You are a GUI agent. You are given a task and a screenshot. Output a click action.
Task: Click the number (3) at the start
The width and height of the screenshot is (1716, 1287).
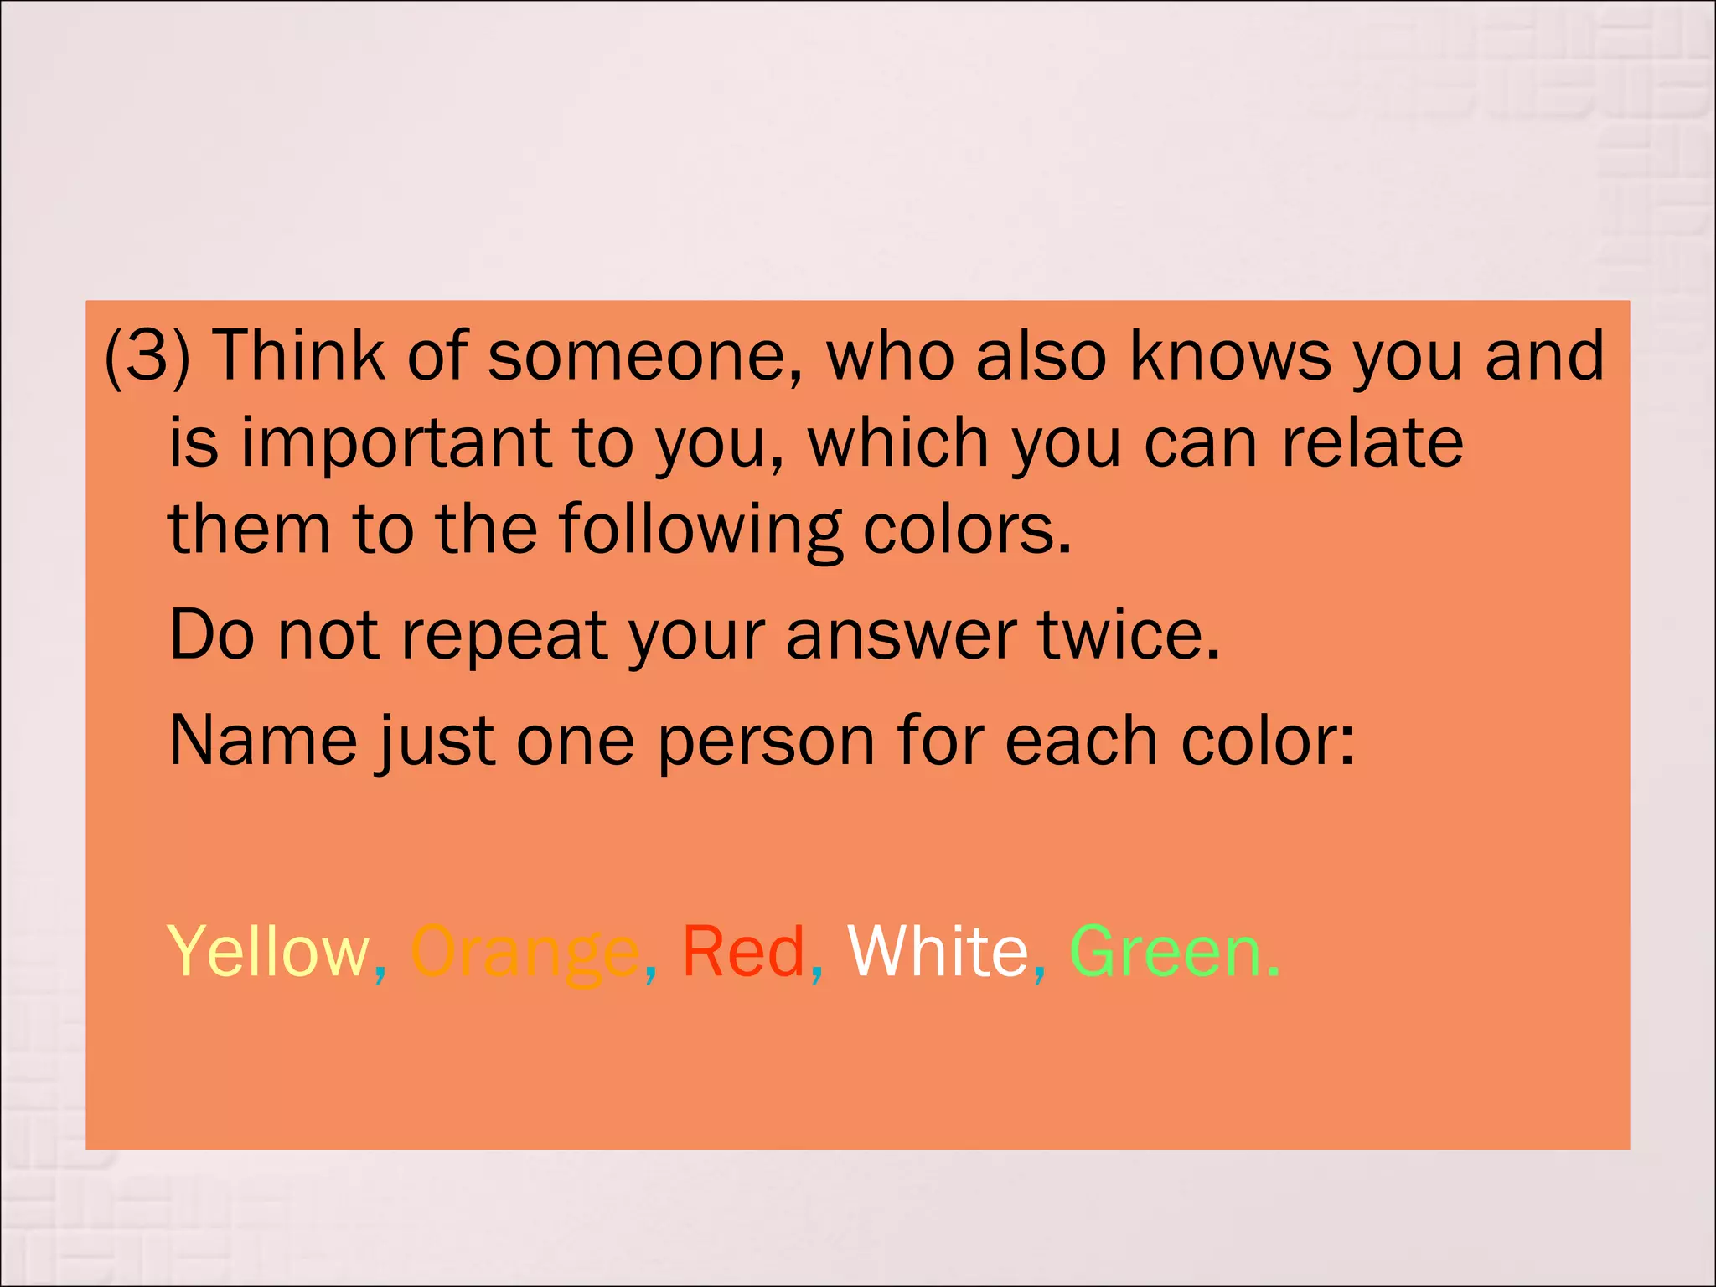coord(147,355)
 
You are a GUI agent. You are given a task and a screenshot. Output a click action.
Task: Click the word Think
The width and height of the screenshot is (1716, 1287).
coord(299,355)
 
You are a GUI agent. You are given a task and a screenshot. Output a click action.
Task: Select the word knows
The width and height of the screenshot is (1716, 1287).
coord(1230,355)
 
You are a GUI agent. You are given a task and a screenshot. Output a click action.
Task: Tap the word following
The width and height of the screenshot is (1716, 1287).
coord(700,531)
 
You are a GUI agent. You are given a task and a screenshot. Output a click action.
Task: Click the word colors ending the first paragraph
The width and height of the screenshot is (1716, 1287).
coord(965,530)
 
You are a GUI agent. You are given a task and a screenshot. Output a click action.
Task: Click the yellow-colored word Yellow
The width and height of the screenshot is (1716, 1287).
coord(268,952)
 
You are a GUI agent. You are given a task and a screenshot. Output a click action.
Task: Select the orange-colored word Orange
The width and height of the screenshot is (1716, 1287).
coord(525,954)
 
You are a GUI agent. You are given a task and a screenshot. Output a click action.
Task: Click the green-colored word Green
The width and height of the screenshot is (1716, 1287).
coord(1166,952)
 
